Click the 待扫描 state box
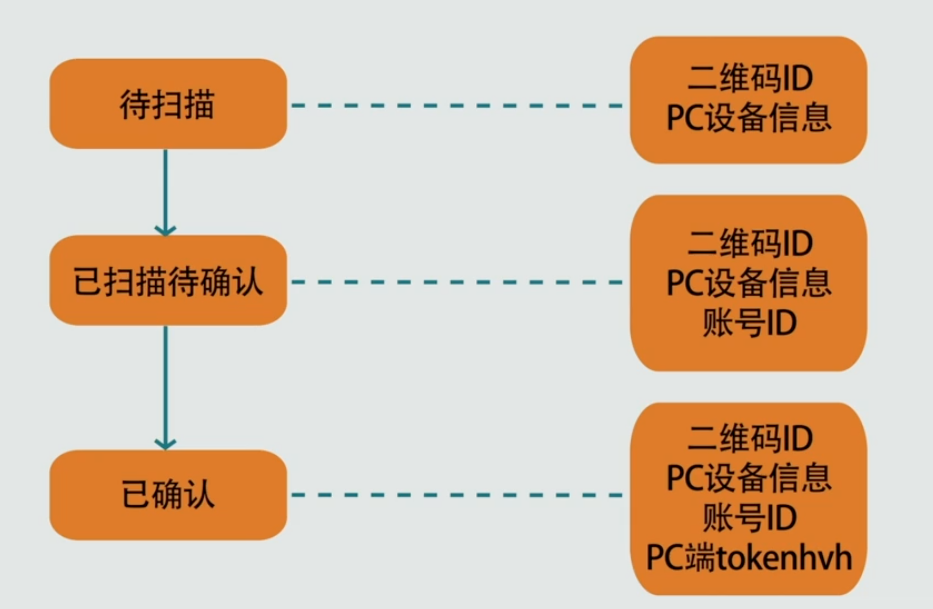[x=168, y=104]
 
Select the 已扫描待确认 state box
[x=168, y=280]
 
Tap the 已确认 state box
[x=168, y=494]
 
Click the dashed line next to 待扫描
[x=457, y=105]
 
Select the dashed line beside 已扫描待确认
[x=457, y=282]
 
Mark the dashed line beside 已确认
[x=457, y=495]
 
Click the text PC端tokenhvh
[x=749, y=558]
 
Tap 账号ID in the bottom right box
[x=749, y=518]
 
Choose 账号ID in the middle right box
[x=749, y=323]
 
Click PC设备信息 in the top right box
[x=749, y=119]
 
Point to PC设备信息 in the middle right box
[x=749, y=283]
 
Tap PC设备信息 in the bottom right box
[x=749, y=478]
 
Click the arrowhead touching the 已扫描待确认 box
[x=166, y=230]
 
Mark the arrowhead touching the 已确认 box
[x=166, y=444]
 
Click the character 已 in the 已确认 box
[x=135, y=494]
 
